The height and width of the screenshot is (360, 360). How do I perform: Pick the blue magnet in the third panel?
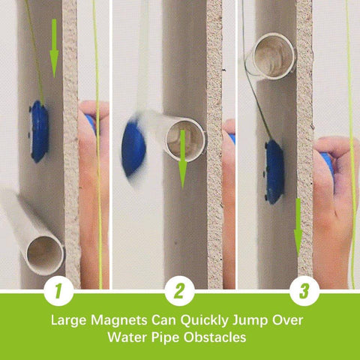click(x=274, y=170)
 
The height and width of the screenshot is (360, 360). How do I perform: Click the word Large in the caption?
click(x=69, y=320)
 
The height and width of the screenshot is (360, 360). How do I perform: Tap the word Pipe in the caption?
click(x=163, y=338)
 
